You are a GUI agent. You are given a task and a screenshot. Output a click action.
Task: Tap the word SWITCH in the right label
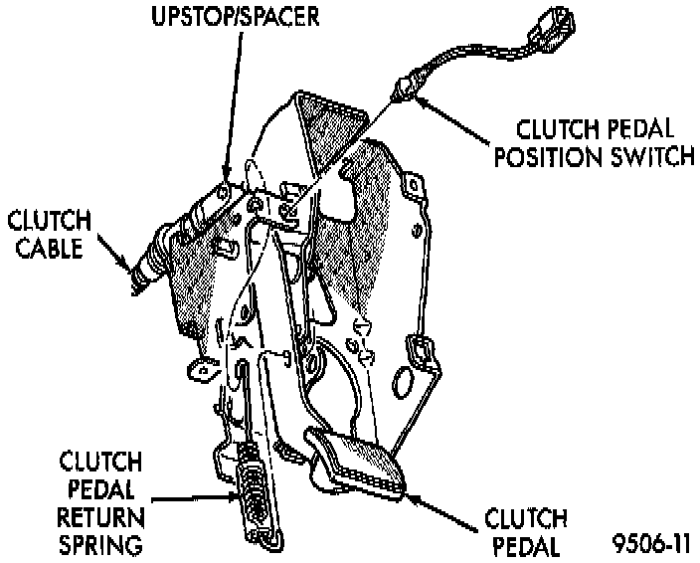(635, 158)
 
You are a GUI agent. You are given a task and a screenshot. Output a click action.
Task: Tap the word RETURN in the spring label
(98, 516)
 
